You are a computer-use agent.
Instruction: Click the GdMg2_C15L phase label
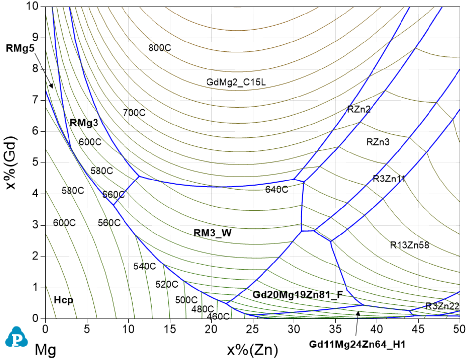coord(236,82)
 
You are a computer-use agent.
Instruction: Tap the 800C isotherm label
coord(160,48)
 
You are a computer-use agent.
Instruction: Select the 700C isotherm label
coord(134,113)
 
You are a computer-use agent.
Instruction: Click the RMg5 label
coord(20,48)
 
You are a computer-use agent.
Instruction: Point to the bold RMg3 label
coord(84,123)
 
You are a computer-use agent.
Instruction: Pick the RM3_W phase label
coord(212,233)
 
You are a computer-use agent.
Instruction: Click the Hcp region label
coord(63,300)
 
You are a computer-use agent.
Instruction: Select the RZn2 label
coord(359,109)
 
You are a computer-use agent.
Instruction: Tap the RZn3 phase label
coord(378,142)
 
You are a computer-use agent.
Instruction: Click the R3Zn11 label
coord(389,179)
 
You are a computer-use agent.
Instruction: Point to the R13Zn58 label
coord(409,245)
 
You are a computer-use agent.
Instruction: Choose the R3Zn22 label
coord(442,306)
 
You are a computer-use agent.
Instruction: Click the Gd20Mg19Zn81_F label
coord(297,294)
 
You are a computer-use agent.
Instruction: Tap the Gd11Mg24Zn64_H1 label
coord(357,345)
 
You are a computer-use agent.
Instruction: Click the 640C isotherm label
coord(277,189)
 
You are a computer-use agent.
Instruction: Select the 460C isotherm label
coord(218,317)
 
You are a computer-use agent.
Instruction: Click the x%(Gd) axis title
coord(11,162)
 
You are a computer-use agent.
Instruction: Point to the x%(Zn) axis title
coord(252,350)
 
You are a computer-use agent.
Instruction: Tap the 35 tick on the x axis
coord(335,329)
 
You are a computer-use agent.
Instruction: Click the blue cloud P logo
coord(16,337)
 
